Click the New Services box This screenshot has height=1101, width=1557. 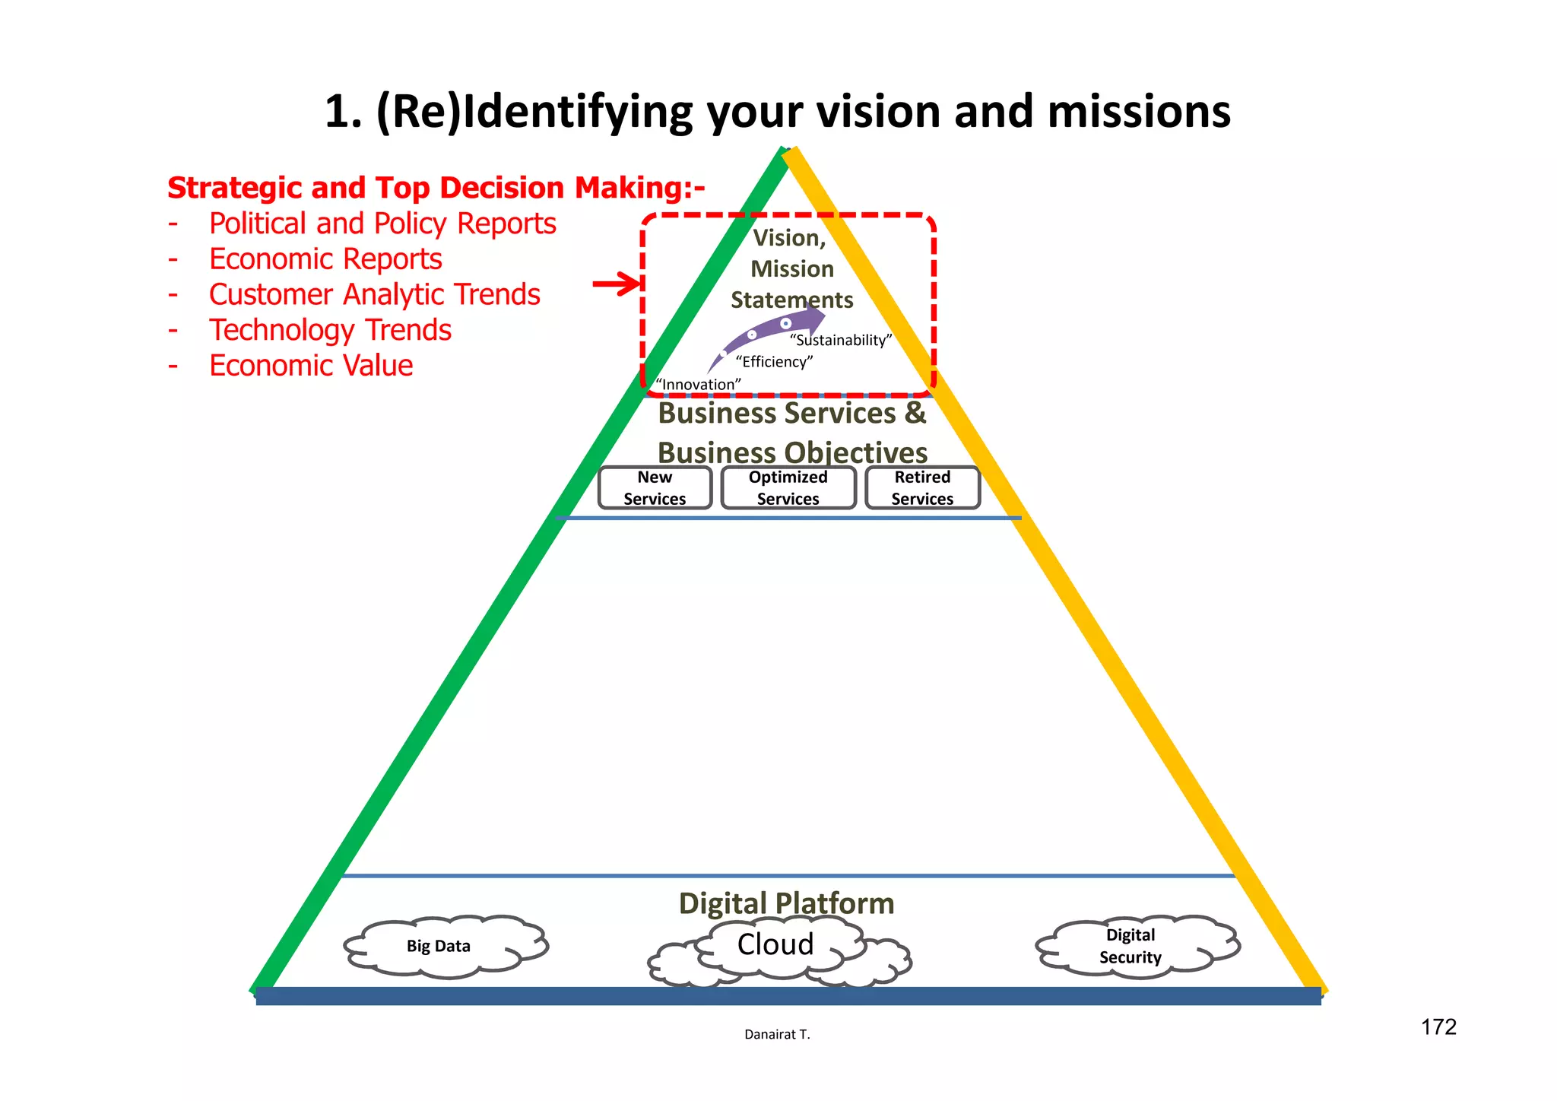coord(655,488)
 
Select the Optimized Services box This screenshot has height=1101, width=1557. coord(788,488)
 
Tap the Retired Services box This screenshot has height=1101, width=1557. coord(922,488)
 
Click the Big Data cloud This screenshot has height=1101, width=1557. coord(439,946)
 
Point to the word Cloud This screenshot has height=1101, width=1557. coord(775,944)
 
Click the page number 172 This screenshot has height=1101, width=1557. coord(1438,1027)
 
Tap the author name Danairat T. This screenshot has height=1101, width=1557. coord(777,1034)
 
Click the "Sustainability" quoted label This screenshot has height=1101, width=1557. coord(841,340)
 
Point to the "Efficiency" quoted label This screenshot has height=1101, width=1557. coord(774,362)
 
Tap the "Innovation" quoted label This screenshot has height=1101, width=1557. coord(698,385)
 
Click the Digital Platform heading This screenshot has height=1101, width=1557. coord(786,903)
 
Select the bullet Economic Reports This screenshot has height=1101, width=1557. coord(325,259)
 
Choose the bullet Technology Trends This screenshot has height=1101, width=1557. coord(330,330)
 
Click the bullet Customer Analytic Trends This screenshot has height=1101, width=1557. coord(374,294)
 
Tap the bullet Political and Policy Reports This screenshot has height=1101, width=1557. coord(382,224)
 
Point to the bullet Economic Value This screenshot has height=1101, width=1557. coord(311,366)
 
